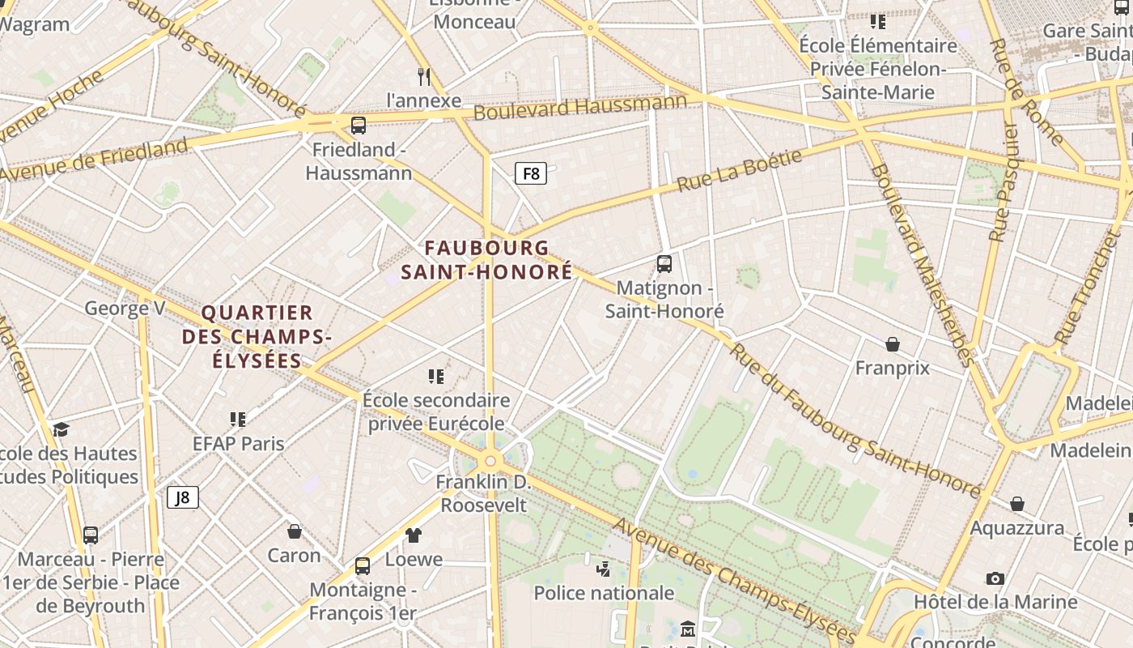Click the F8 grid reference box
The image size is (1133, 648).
[x=531, y=173]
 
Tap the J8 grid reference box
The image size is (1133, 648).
[x=183, y=497]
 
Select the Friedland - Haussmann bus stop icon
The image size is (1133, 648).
[x=359, y=126]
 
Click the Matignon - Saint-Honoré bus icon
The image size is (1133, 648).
[x=664, y=263]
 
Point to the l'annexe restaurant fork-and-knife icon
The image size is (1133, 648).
[x=423, y=77]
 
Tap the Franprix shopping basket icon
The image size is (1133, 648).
[x=893, y=344]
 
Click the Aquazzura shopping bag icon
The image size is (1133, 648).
[x=1017, y=504]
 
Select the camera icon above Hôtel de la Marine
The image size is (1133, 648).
[x=995, y=578]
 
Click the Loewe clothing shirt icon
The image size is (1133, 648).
[x=414, y=535]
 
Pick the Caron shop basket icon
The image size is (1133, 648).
[x=295, y=531]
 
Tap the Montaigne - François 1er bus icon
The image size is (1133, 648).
[x=363, y=565]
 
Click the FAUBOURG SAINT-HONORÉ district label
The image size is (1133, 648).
[x=486, y=260]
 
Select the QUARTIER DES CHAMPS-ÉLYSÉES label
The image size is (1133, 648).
[x=257, y=336]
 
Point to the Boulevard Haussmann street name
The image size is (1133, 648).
[x=579, y=107]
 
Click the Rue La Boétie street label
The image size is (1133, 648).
[x=739, y=170]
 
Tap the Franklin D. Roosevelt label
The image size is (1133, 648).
[x=483, y=493]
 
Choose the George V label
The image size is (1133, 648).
[x=125, y=308]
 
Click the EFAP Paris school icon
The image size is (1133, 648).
[x=238, y=419]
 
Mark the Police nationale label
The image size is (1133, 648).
[x=604, y=593]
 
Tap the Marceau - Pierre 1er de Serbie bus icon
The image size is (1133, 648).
[x=91, y=535]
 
